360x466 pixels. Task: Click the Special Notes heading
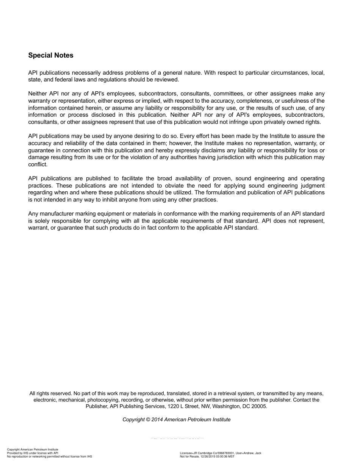tap(51, 55)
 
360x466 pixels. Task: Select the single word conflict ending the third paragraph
tap(38, 164)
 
